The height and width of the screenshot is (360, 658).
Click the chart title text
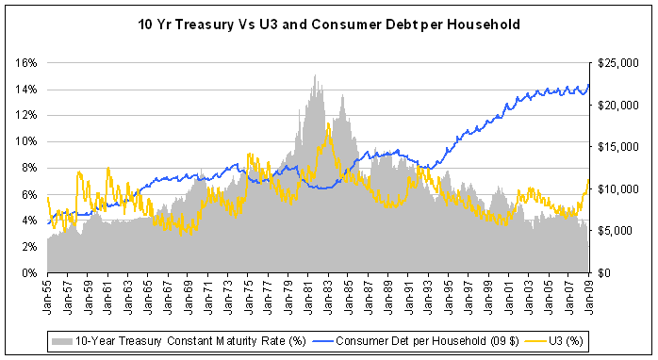click(x=328, y=22)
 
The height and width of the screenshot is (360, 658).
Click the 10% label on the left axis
click(x=25, y=141)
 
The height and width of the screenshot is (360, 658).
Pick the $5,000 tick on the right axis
click(x=617, y=231)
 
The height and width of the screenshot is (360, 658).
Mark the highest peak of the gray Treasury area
click(x=314, y=75)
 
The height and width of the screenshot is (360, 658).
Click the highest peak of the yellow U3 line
click(x=327, y=123)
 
